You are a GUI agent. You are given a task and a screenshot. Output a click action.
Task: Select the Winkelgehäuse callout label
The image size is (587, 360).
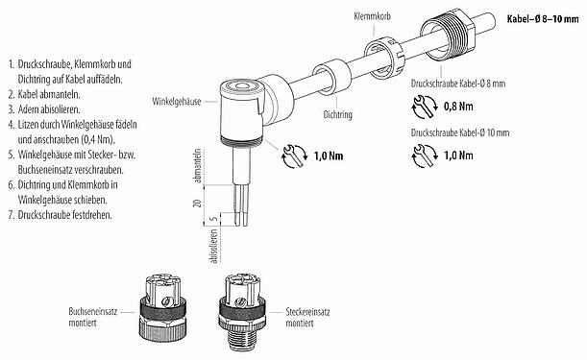tap(176, 100)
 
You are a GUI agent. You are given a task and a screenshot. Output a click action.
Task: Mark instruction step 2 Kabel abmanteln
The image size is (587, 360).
tap(50, 95)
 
